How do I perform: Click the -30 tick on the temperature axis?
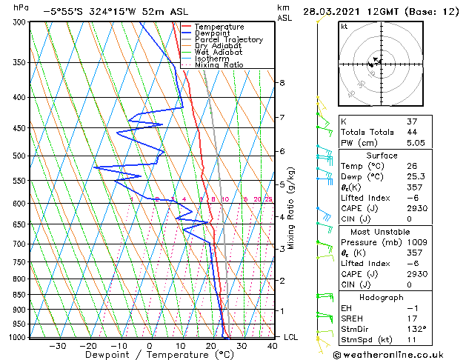point(58,346)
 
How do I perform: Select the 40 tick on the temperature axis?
point(273,346)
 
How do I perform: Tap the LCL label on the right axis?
point(291,337)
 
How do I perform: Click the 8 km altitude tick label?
point(282,82)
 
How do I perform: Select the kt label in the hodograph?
point(344,27)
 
